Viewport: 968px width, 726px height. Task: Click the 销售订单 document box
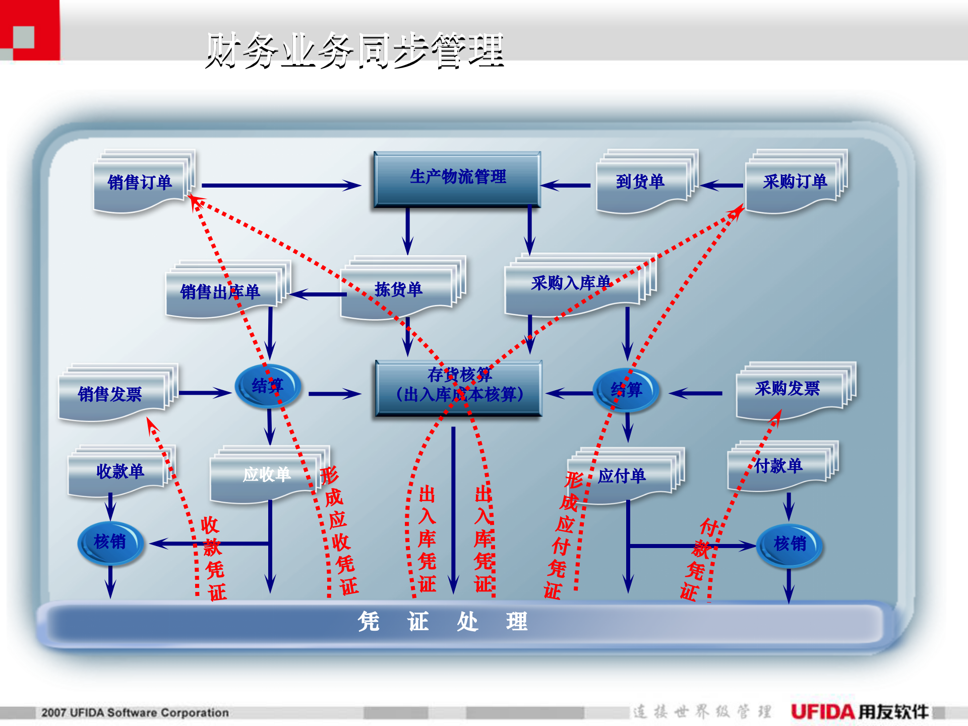(140, 183)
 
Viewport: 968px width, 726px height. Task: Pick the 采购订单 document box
(795, 182)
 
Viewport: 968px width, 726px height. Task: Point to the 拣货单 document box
(398, 289)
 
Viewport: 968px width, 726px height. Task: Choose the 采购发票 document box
(788, 389)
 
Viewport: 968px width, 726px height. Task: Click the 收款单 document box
(120, 472)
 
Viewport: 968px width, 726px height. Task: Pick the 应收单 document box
(266, 474)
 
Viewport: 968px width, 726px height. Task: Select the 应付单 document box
(623, 476)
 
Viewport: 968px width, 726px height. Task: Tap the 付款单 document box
(778, 466)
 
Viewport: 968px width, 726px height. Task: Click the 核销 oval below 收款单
(110, 542)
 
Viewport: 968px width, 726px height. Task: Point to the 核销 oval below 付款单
(790, 544)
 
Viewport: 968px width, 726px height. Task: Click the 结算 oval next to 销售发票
(268, 386)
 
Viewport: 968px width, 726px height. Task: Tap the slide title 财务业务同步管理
(355, 50)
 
